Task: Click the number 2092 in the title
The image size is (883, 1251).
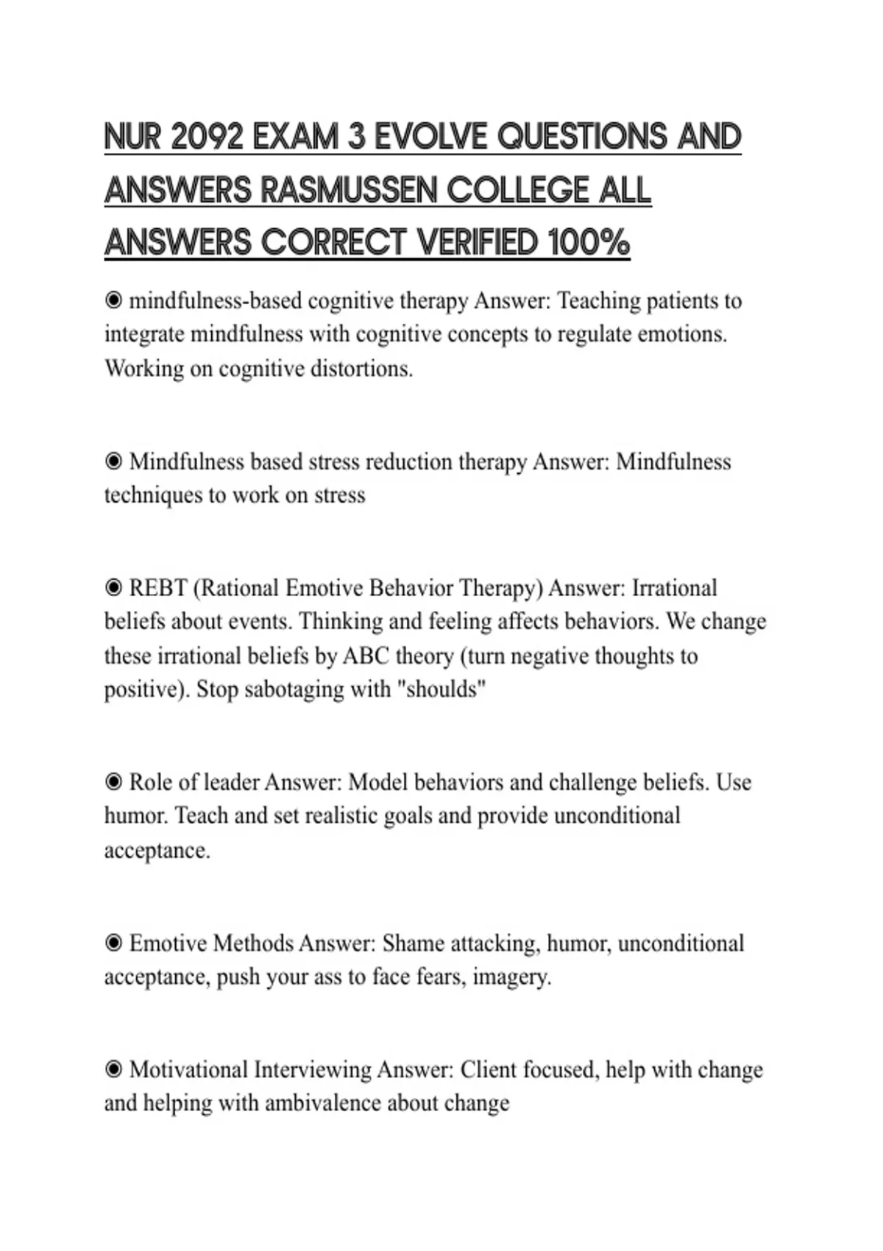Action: coord(205,138)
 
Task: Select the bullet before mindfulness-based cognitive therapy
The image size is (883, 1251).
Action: coord(113,300)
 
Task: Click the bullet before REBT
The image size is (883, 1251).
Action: coord(113,588)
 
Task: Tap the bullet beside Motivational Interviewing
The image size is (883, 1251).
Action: coord(113,1069)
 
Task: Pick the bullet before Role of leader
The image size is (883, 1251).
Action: coord(113,782)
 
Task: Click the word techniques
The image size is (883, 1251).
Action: coord(152,495)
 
